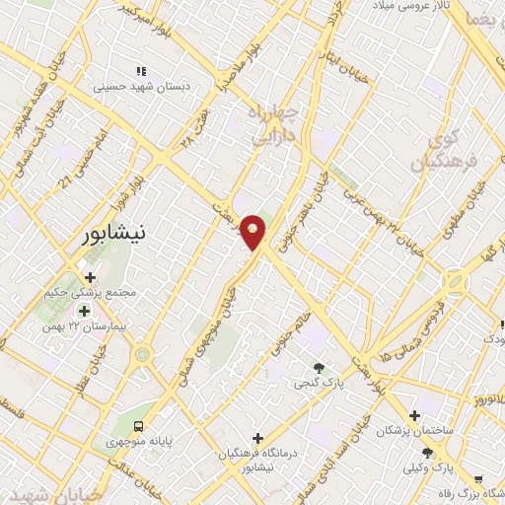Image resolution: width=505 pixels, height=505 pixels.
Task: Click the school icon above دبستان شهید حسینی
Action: [x=141, y=71]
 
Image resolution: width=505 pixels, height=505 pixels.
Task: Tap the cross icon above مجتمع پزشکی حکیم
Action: [x=91, y=277]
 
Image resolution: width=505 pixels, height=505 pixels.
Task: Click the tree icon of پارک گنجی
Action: [x=319, y=368]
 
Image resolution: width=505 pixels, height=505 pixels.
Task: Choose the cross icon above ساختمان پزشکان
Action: [x=414, y=415]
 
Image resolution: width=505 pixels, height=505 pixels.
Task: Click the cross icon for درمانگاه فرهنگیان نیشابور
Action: [x=257, y=437]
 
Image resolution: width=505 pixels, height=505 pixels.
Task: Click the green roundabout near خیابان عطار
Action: [x=143, y=353]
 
